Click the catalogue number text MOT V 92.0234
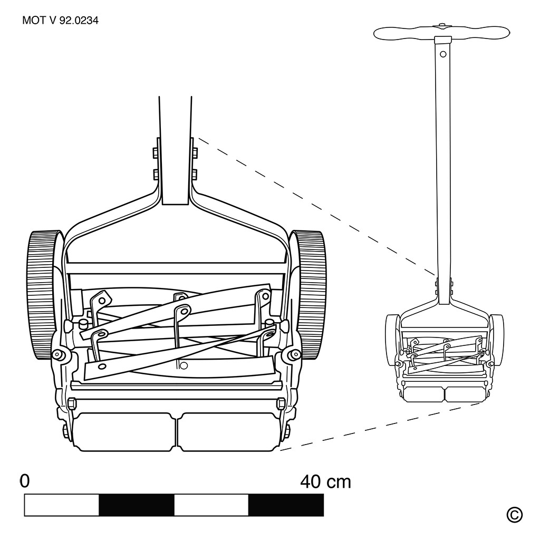[60, 21]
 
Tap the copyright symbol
[514, 514]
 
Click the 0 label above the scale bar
[23, 481]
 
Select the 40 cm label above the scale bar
[325, 481]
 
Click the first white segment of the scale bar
[62, 505]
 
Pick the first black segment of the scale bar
[137, 505]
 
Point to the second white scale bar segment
[211, 505]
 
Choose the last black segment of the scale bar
[286, 505]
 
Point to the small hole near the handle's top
[443, 54]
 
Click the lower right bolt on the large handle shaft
[194, 173]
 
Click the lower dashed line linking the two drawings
[380, 427]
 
